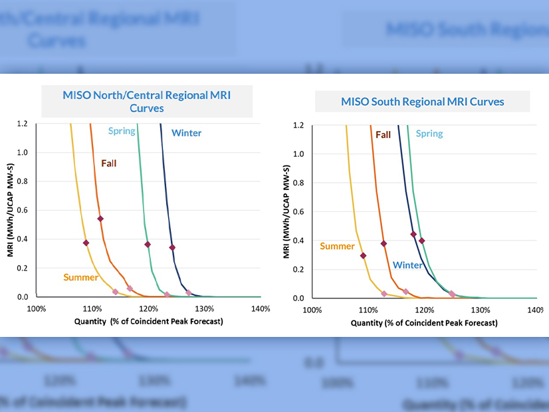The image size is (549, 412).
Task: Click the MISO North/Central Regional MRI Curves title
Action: coord(146,101)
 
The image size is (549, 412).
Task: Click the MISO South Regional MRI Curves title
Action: coord(422,102)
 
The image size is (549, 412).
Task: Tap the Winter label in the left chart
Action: coord(186,133)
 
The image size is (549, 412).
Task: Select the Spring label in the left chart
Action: coord(122,131)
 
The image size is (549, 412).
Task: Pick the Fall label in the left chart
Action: coord(110,163)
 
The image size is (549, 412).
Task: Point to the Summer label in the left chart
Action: coord(81,277)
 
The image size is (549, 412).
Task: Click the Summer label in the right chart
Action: coord(337,247)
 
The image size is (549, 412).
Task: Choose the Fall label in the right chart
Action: coord(383,135)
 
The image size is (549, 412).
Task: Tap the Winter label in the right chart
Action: coord(407,265)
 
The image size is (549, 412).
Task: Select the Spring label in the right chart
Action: coord(429,134)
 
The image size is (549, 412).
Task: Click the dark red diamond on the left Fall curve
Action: coord(100,219)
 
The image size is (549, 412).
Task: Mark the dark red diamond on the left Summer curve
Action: coord(86,243)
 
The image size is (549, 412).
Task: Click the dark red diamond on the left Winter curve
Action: coord(172,247)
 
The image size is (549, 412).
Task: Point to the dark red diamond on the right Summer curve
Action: coord(363,255)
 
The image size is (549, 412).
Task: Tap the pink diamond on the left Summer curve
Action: coord(115,292)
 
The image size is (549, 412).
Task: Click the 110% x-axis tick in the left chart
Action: coord(92,309)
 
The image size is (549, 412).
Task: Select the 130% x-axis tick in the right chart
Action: coord(481,310)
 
